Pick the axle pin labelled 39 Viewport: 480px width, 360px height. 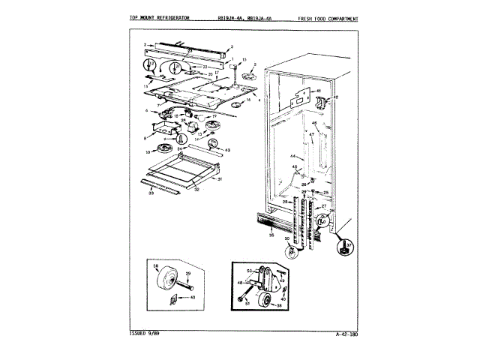pyautogui.click(x=184, y=283)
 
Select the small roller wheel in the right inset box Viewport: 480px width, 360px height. pyautogui.click(x=263, y=302)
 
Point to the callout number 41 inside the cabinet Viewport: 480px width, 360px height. pyautogui.click(x=317, y=91)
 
